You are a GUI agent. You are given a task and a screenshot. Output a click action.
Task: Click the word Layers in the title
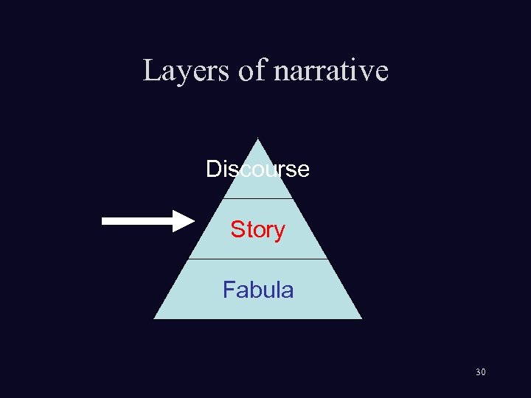pos(187,71)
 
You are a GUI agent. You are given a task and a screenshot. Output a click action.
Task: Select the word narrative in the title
pos(330,71)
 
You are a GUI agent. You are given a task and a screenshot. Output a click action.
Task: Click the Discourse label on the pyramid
pos(257,170)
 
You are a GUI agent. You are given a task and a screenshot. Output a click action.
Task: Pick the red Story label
pos(257,230)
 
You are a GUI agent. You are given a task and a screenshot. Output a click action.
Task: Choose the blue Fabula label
pos(258,290)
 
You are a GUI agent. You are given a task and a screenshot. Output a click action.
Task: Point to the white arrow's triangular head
pos(183,220)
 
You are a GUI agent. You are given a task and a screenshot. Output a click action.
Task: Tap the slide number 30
pos(480,372)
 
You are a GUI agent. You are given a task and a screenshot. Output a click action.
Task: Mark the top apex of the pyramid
pos(257,139)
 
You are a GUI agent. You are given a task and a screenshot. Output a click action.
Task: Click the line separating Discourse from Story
pos(257,198)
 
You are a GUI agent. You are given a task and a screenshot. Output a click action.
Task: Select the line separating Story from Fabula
pos(257,259)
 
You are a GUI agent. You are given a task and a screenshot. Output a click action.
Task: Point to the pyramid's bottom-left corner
pos(155,318)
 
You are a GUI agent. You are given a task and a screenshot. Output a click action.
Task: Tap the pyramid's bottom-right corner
pos(361,318)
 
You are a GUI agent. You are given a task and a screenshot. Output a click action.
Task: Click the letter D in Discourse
pos(212,170)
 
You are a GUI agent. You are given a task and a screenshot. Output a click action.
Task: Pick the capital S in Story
pos(237,230)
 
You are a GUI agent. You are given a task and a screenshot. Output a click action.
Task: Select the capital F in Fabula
pos(229,290)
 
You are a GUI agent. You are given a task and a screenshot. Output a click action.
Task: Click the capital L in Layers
pos(150,71)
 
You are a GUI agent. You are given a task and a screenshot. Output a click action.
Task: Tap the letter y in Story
pos(280,231)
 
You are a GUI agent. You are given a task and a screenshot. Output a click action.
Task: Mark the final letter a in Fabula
pos(288,290)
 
